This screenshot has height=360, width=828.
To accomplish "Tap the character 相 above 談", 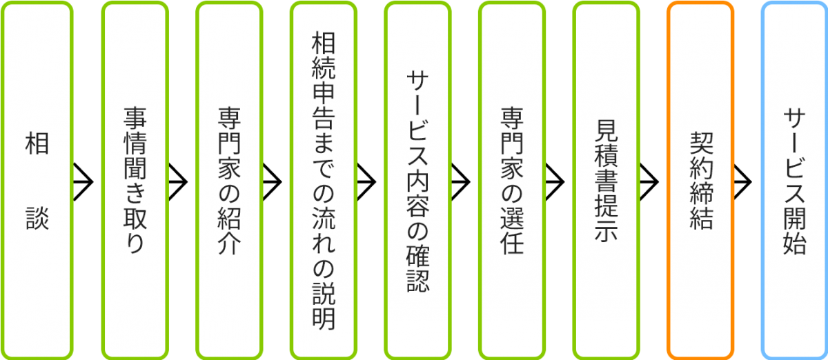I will click(x=38, y=144).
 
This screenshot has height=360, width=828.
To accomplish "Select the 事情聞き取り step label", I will click(x=135, y=180).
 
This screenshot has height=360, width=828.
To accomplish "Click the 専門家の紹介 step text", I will click(x=229, y=180).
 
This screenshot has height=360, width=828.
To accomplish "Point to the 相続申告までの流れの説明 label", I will click(x=324, y=180).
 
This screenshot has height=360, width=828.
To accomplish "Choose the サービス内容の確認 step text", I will click(x=417, y=180).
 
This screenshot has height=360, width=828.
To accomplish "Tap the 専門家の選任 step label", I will click(x=512, y=180).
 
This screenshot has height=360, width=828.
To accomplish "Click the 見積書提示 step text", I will click(x=606, y=180).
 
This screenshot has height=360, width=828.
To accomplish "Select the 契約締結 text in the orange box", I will click(x=700, y=180).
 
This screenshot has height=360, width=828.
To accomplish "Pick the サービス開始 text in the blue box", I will click(x=795, y=180).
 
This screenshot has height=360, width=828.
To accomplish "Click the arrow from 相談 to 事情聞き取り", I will click(x=84, y=181).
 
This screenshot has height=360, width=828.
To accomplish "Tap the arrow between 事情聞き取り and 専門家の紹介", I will click(x=178, y=181).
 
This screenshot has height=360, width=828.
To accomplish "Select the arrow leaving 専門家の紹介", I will click(x=273, y=181).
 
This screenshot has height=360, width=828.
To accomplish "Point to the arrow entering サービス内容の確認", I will click(x=366, y=181).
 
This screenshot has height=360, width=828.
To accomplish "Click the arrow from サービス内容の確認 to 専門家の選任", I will click(x=461, y=181).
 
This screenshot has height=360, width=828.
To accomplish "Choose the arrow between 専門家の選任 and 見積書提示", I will click(x=555, y=181).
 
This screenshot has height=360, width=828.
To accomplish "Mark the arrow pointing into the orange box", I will click(x=649, y=181).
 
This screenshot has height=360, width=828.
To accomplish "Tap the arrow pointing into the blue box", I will click(x=743, y=181).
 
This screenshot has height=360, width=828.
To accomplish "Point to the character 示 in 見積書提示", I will click(x=606, y=230).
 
